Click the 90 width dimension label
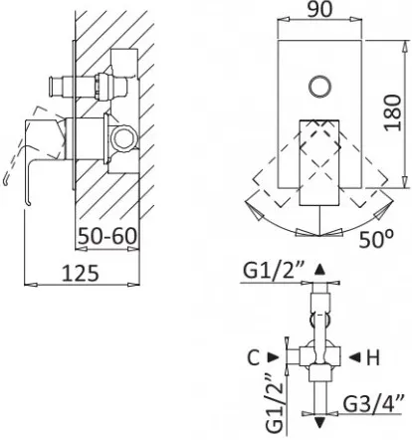pyautogui.click(x=319, y=10)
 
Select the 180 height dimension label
pyautogui.click(x=393, y=112)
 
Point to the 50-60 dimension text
pyautogui.click(x=106, y=236)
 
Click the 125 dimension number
pyautogui.click(x=81, y=274)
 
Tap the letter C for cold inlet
pyautogui.click(x=254, y=357)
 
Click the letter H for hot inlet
pyautogui.click(x=373, y=357)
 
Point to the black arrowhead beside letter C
pyautogui.click(x=274, y=357)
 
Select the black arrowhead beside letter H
pyautogui.click(x=354, y=357)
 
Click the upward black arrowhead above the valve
pyautogui.click(x=319, y=269)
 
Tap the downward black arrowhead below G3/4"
pyautogui.click(x=319, y=423)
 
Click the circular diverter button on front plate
pyautogui.click(x=319, y=87)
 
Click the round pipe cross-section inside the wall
pyautogui.click(x=124, y=137)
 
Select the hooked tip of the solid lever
pyautogui.click(x=28, y=203)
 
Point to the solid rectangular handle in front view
pyautogui.click(x=319, y=162)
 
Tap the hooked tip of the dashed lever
pyautogui.click(x=5, y=182)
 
